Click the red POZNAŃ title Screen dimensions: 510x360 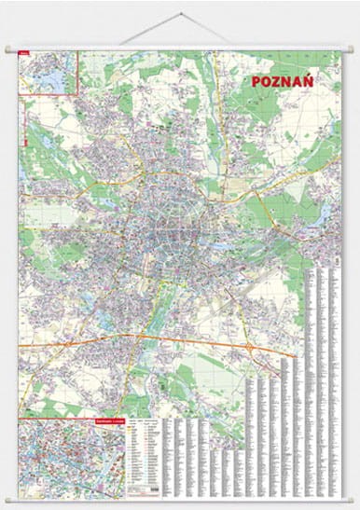282,81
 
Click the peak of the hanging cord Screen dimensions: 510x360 179,12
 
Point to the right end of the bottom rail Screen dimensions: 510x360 352,497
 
